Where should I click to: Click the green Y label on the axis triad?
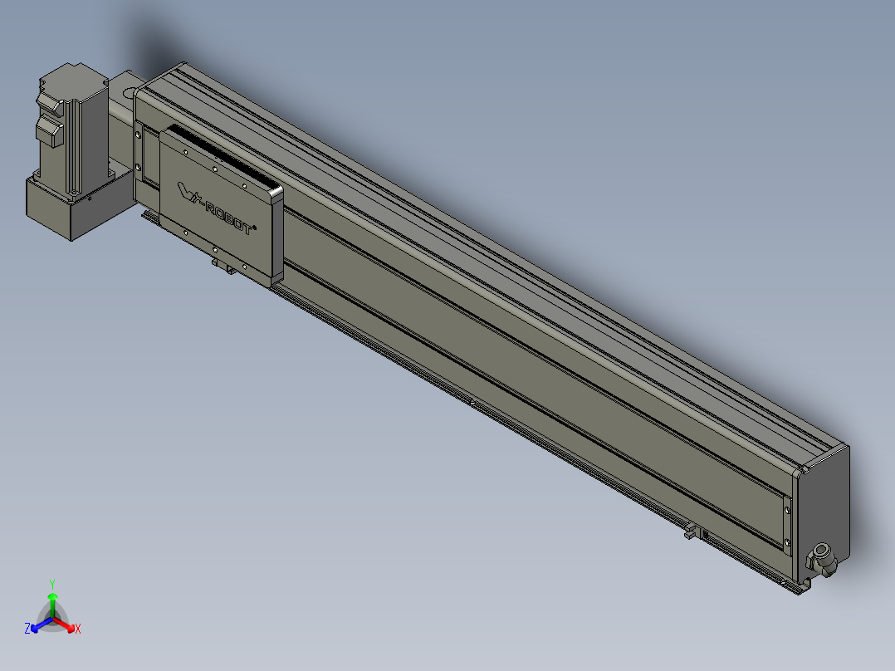coord(52,584)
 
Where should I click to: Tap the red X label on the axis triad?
coord(78,629)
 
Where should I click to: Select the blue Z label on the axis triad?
coord(27,629)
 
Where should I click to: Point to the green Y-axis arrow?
coord(52,605)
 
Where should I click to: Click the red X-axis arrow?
coord(64,624)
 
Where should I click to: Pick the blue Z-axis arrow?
coord(42,624)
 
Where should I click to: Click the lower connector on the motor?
coord(50,133)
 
